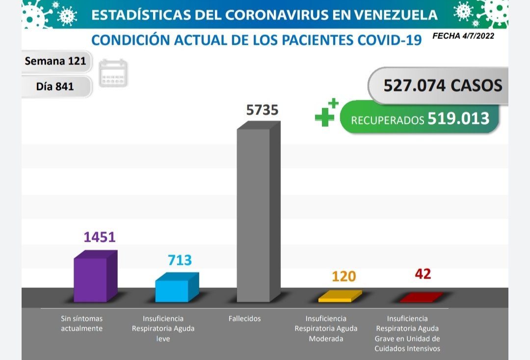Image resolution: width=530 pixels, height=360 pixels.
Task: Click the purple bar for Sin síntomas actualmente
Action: (91, 278)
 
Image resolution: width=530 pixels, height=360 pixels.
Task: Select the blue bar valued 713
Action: (172, 290)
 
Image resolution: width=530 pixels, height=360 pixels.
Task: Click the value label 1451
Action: (99, 237)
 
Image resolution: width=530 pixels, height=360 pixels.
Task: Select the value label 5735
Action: (262, 110)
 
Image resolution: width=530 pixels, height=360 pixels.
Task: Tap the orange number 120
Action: (344, 277)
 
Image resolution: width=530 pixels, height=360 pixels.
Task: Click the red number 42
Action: (423, 274)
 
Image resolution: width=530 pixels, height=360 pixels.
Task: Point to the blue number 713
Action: (180, 260)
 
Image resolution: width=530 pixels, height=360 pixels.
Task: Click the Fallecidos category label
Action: (244, 319)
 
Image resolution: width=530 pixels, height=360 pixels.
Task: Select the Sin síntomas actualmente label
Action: (81, 324)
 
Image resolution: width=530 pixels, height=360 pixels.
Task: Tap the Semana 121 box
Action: (55, 61)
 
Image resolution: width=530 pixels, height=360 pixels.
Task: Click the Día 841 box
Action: (55, 86)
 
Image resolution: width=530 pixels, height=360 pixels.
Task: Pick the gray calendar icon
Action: (113, 73)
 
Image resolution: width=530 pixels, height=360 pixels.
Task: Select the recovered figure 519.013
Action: (458, 118)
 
